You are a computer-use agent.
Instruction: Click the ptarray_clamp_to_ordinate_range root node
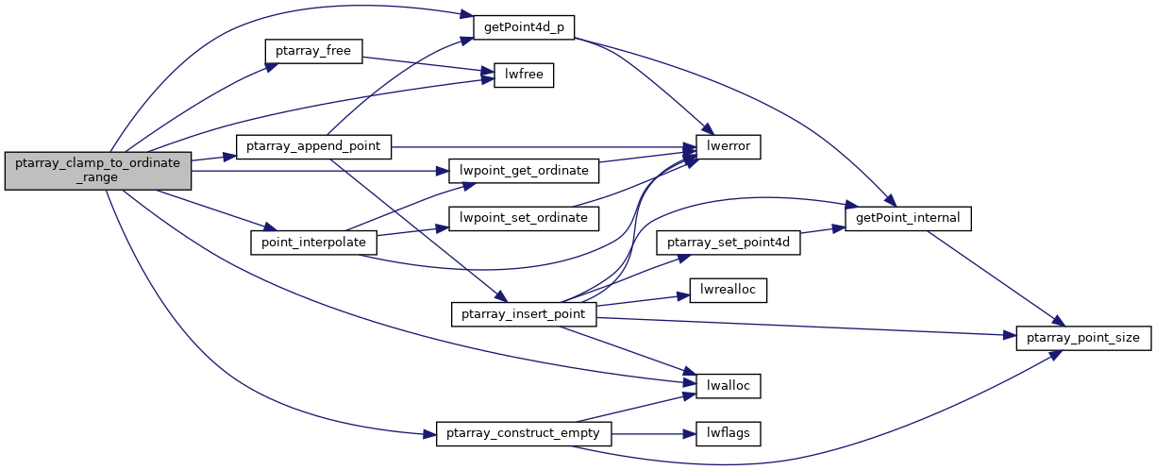[x=98, y=171]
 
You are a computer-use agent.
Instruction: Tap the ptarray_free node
[x=313, y=51]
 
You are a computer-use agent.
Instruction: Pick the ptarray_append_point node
[x=313, y=146]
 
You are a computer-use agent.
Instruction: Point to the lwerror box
[x=728, y=146]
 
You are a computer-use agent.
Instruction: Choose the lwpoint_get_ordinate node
[x=524, y=171]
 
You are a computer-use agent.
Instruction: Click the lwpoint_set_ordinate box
[x=524, y=218]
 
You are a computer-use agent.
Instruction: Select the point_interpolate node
[x=313, y=243]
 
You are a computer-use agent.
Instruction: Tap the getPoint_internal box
[x=909, y=218]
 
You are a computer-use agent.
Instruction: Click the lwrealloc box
[x=728, y=290]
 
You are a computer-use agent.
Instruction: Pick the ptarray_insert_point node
[x=524, y=313]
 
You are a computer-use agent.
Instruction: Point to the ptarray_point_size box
[x=1083, y=337]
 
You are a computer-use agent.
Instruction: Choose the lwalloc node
[x=728, y=385]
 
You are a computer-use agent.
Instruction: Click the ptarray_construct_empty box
[x=524, y=433]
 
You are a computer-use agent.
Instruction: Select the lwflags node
[x=728, y=433]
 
